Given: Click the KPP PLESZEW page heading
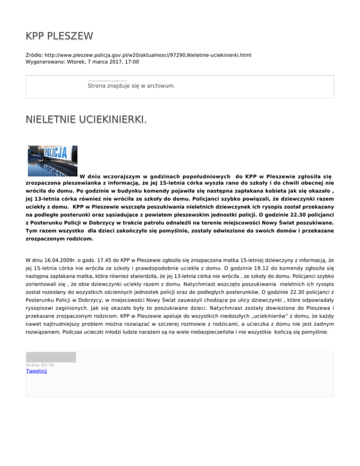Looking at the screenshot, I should [59, 36].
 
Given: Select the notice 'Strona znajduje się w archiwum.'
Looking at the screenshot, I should [131, 86].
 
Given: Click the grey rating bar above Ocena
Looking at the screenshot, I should [51, 357].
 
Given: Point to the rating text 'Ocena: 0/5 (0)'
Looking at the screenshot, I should [40, 365].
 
